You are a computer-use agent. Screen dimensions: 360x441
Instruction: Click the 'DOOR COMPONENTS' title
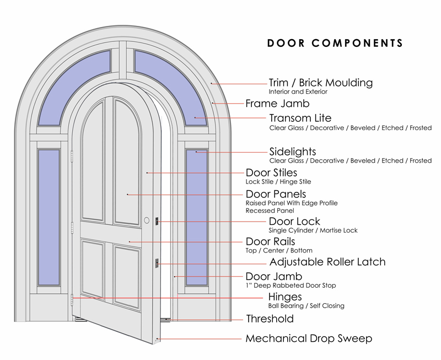point(335,43)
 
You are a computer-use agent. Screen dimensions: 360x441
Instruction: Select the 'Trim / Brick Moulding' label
point(320,83)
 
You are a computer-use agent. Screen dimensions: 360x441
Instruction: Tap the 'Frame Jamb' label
point(277,103)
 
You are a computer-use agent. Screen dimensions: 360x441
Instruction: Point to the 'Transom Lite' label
point(300,118)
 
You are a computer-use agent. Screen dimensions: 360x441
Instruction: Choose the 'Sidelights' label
point(292,151)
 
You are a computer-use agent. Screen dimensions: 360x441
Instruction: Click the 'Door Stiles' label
point(271,173)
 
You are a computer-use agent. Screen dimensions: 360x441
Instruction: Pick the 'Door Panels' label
point(275,194)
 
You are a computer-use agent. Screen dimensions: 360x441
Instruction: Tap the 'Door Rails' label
point(270,241)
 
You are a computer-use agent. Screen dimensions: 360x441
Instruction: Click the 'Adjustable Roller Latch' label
point(327,262)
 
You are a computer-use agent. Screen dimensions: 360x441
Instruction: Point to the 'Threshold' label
point(269,319)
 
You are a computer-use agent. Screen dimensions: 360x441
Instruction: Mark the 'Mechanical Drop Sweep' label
point(309,338)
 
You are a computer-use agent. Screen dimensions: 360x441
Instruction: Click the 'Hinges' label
point(285,297)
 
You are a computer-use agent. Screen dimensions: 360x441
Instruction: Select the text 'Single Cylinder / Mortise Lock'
point(313,231)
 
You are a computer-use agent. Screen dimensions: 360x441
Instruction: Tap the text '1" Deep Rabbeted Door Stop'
point(291,286)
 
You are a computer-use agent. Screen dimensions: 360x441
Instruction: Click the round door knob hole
point(147,221)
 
